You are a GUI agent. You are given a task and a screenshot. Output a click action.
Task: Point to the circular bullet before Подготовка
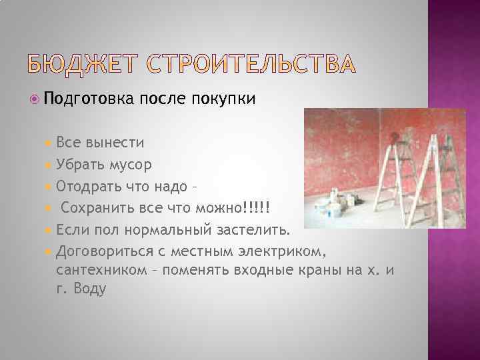[x=36, y=99]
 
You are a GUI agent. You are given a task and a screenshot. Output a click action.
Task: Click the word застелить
[x=256, y=231]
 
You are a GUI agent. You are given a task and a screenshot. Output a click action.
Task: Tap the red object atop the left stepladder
[x=397, y=137]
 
